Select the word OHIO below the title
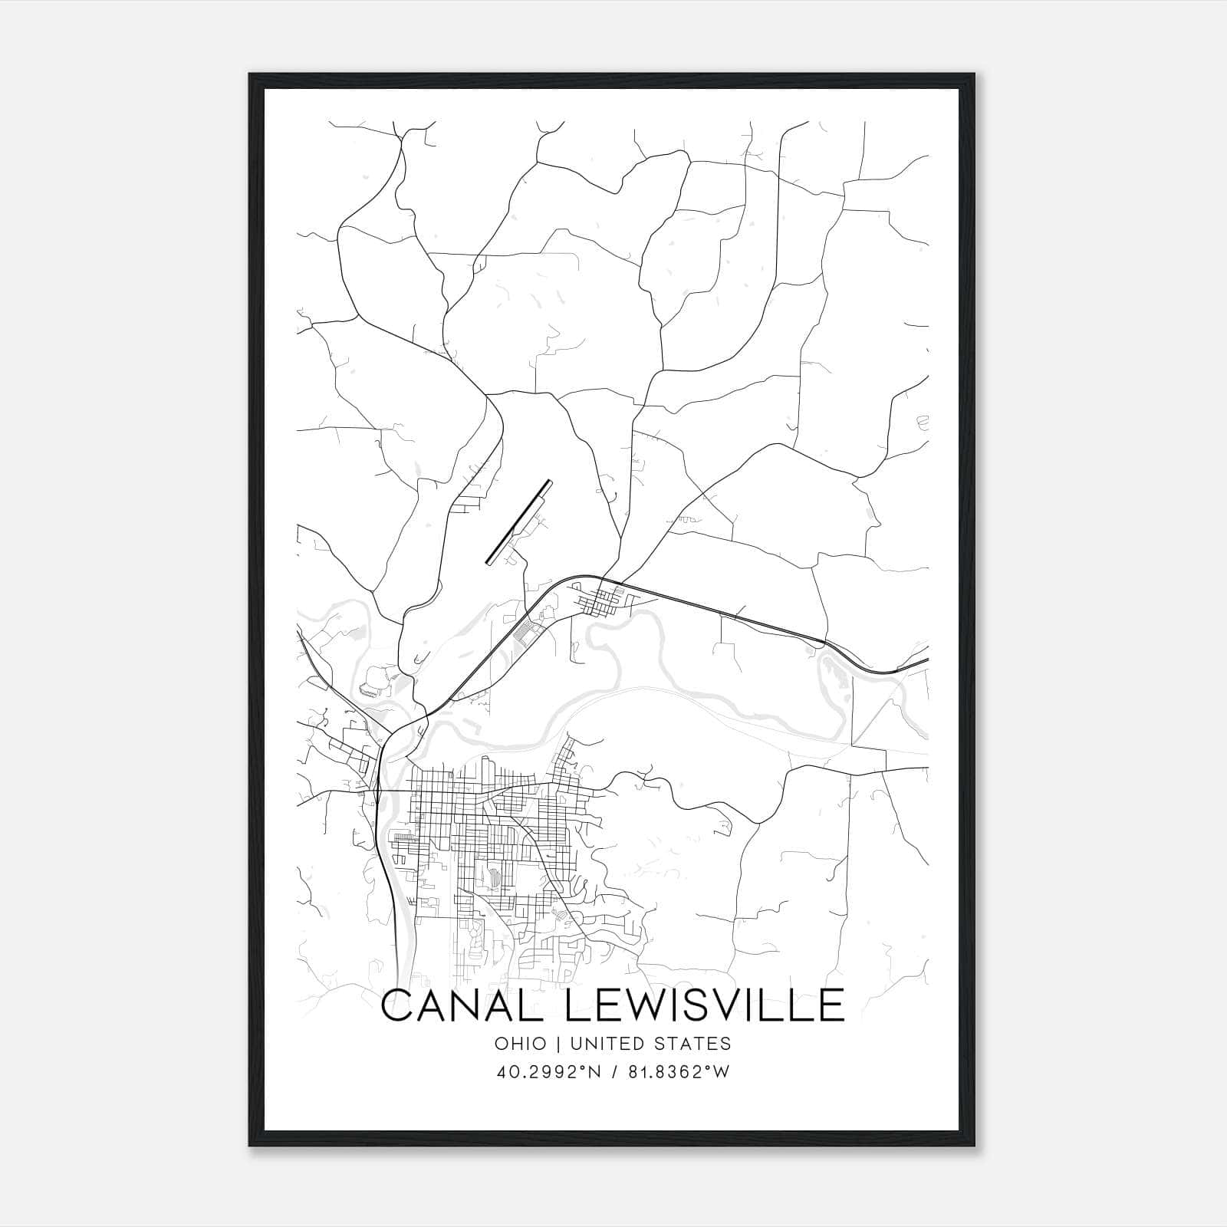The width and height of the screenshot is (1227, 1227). tap(521, 1044)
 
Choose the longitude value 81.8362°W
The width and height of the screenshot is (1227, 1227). tap(675, 1072)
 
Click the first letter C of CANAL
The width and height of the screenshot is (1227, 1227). tap(398, 1005)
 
